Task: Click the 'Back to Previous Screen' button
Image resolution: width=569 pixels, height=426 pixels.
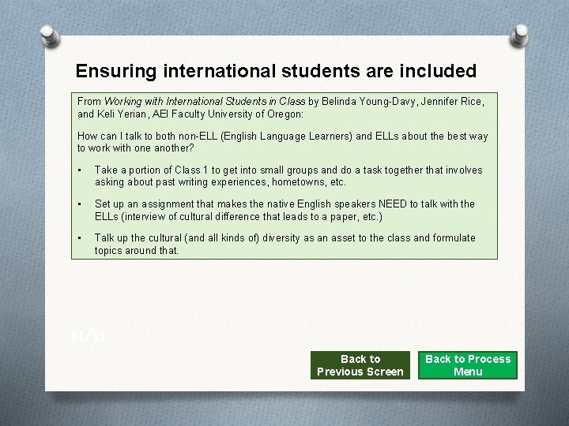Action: (360, 365)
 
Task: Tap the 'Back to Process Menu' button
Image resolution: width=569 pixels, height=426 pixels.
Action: (468, 365)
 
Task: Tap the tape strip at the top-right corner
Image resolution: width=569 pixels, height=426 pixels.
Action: (520, 35)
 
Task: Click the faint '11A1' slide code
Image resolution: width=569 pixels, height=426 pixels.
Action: (88, 334)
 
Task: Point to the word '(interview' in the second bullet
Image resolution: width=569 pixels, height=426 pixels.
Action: (145, 216)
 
